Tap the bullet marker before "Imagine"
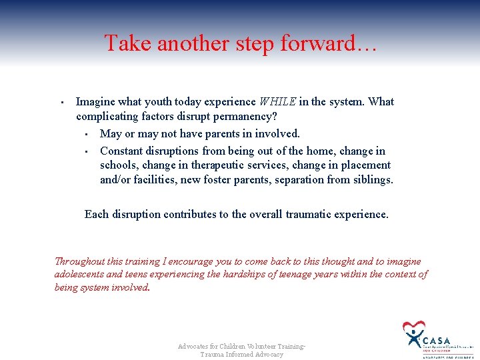pyautogui.click(x=61, y=103)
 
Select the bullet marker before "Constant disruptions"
pyautogui.click(x=86, y=151)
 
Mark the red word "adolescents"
pyautogui.click(x=79, y=275)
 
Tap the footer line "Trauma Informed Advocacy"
pyautogui.click(x=241, y=355)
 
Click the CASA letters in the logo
pyautogui.click(x=437, y=340)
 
